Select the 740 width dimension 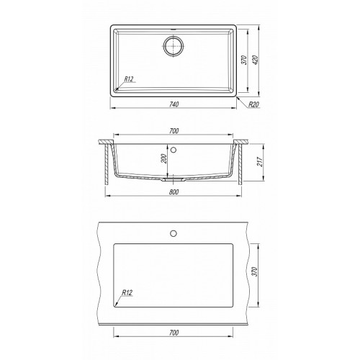pyautogui.click(x=174, y=104)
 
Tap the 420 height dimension pyautogui.click(x=256, y=60)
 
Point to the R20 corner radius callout pyautogui.click(x=254, y=104)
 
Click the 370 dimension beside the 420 pyautogui.click(x=244, y=60)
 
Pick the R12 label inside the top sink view pyautogui.click(x=128, y=79)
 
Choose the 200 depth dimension pyautogui.click(x=164, y=158)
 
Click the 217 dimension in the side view pyautogui.click(x=260, y=162)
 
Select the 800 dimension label pyautogui.click(x=174, y=192)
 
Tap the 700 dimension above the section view pyautogui.click(x=174, y=131)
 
